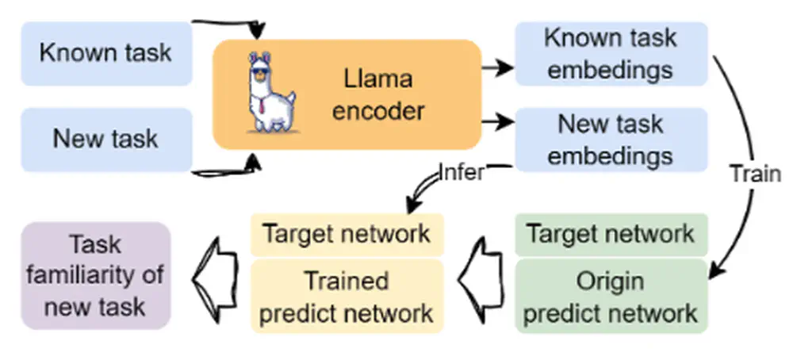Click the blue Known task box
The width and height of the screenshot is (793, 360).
tap(105, 53)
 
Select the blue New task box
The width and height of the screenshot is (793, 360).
tap(105, 140)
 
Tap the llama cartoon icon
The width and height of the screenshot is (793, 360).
tap(270, 92)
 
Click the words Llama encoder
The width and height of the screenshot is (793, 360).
tap(378, 95)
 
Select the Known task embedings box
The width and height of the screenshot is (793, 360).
tap(611, 53)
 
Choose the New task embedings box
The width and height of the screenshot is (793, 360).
tap(611, 140)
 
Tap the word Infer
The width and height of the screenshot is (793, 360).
tap(461, 171)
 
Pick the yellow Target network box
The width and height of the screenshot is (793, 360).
tap(347, 234)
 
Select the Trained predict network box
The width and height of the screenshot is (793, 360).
tap(347, 296)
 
